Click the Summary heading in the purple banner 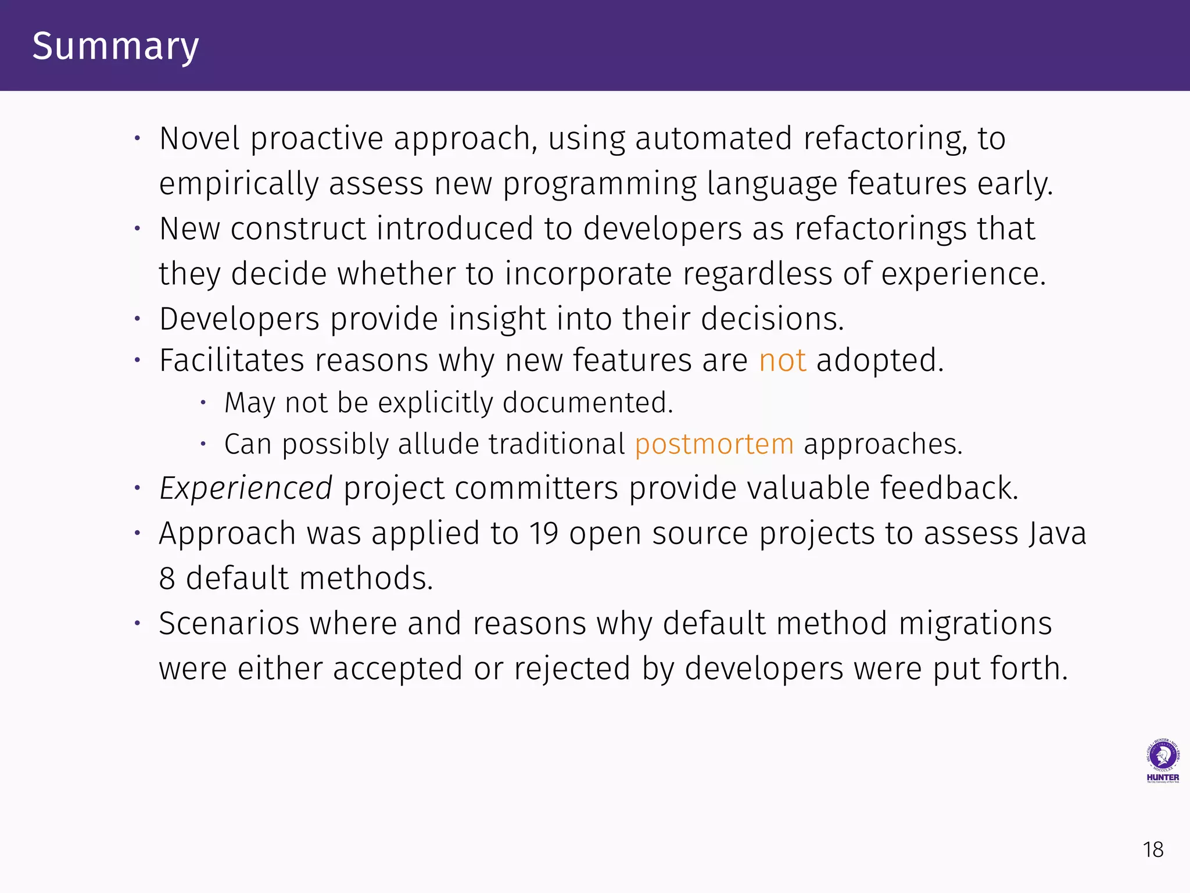(x=115, y=47)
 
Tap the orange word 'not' (x=782, y=360)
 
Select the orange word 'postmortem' (x=714, y=445)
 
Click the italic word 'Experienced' (x=246, y=488)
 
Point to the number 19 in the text (x=543, y=534)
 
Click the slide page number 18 (x=1153, y=850)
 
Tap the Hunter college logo (x=1162, y=761)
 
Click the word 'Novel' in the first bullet (x=199, y=139)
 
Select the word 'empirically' (x=238, y=184)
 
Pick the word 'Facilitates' (x=231, y=360)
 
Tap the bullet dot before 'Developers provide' (x=137, y=319)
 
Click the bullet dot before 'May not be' (x=203, y=402)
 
